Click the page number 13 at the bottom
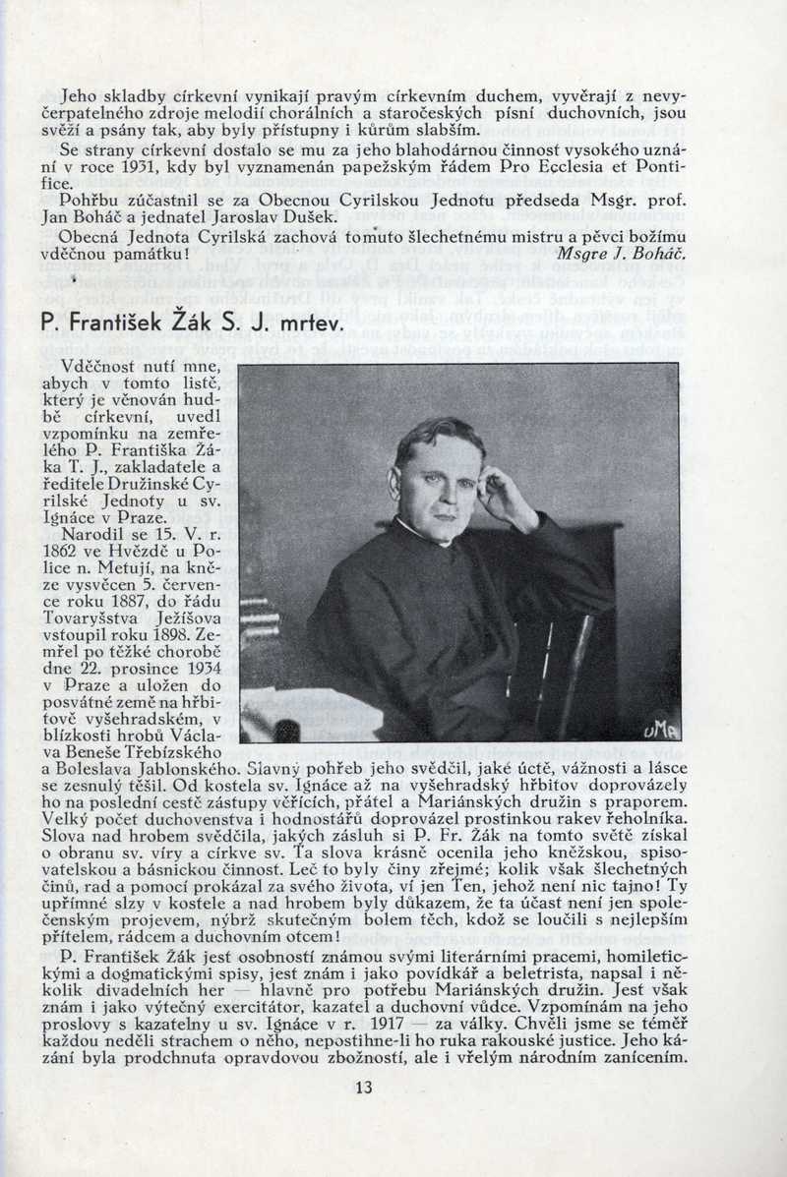coord(364,1088)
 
